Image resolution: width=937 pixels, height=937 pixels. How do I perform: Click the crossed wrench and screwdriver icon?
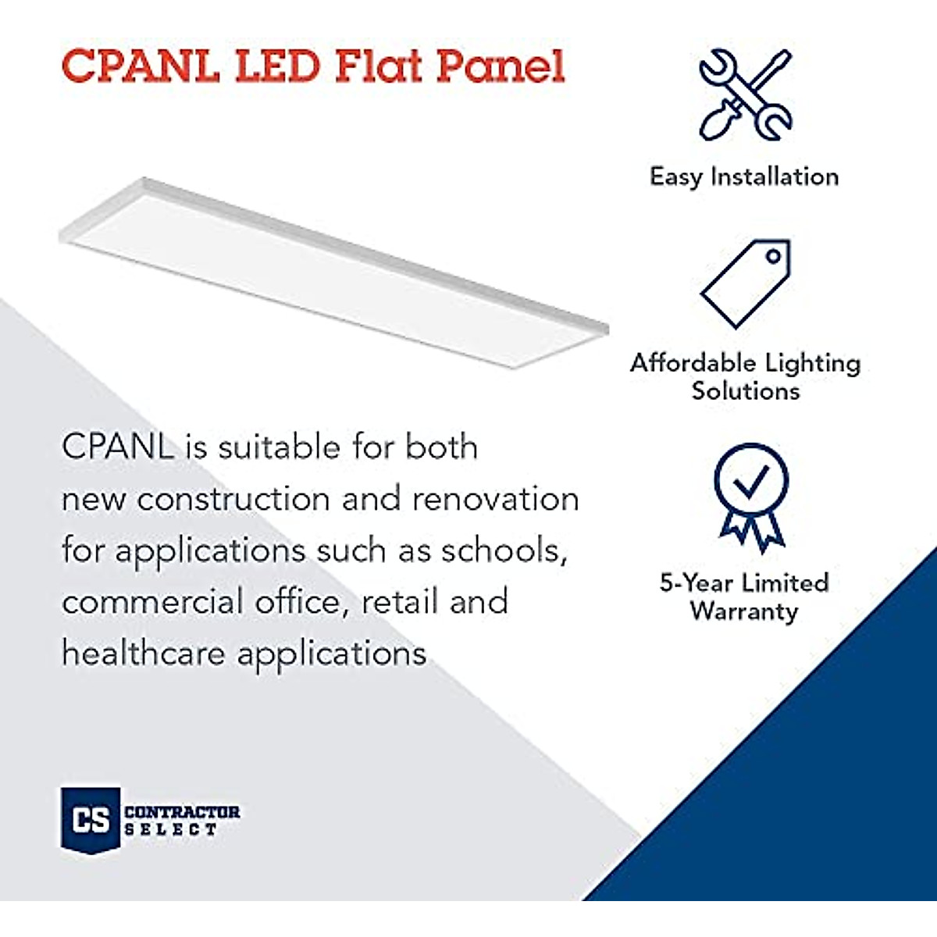pyautogui.click(x=745, y=94)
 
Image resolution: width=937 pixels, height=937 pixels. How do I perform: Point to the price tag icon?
pyautogui.click(x=746, y=283)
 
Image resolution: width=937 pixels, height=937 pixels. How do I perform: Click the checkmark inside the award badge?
pyautogui.click(x=751, y=482)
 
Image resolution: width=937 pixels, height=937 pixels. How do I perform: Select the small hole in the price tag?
pyautogui.click(x=773, y=256)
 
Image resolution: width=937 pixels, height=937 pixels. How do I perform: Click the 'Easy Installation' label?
pyautogui.click(x=744, y=176)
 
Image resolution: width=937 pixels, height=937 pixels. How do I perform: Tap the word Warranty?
pyautogui.click(x=744, y=611)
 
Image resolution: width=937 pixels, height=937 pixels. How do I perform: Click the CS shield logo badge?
pyautogui.click(x=91, y=818)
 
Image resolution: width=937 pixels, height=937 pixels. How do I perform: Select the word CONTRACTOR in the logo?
pyautogui.click(x=182, y=812)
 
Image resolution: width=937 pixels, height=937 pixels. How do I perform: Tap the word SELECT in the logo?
pyautogui.click(x=171, y=830)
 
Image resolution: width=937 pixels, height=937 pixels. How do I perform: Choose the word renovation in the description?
pyautogui.click(x=495, y=499)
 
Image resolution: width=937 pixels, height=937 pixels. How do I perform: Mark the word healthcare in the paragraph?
pyautogui.click(x=144, y=653)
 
